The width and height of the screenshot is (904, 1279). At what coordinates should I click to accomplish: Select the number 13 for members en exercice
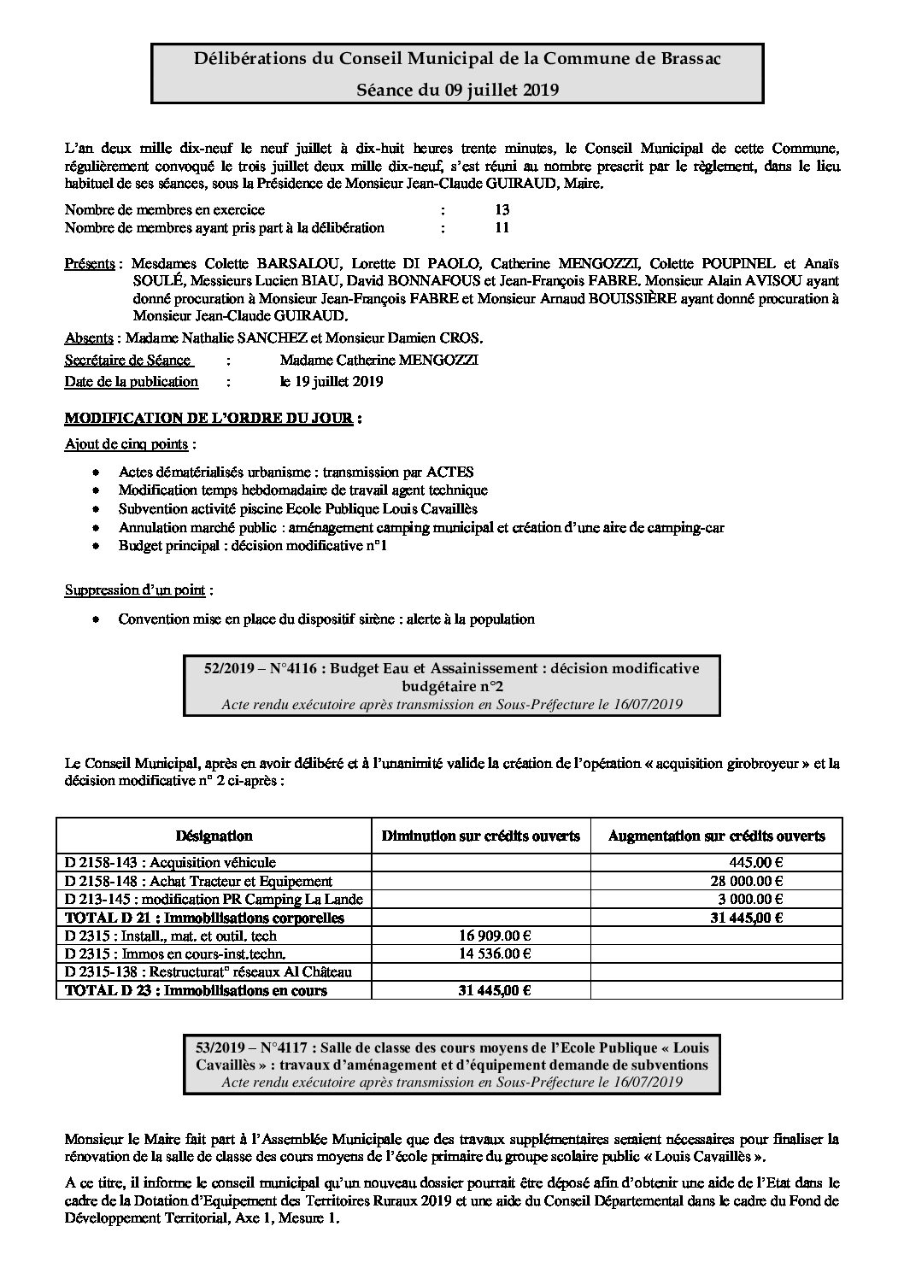(x=502, y=209)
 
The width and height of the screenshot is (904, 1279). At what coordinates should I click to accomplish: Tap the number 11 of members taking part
(x=502, y=227)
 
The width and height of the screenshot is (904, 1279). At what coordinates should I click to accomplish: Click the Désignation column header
(x=214, y=836)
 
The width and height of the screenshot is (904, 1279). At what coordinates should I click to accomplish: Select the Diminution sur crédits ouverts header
(x=480, y=836)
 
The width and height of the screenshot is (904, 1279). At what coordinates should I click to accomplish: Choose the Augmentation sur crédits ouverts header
(x=716, y=836)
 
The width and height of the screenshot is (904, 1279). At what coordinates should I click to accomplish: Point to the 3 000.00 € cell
(x=753, y=899)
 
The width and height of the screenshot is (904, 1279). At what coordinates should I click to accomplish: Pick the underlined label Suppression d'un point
(x=138, y=590)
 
